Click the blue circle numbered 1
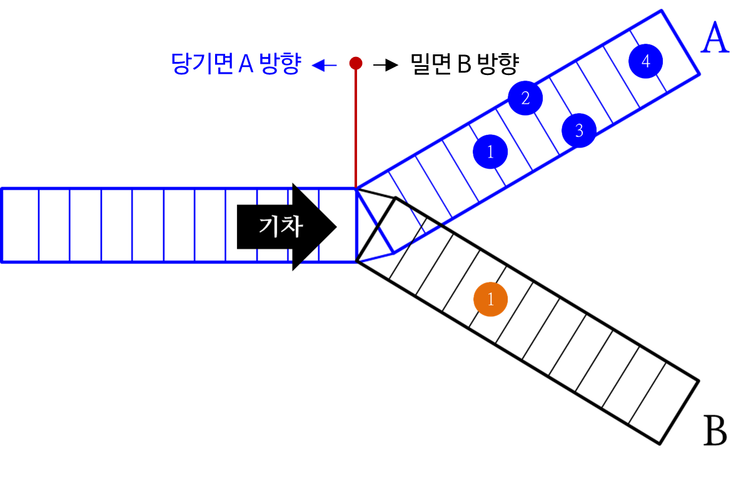point(490,152)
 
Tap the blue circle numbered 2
point(525,98)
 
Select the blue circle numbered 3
point(579,131)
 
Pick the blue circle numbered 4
point(646,61)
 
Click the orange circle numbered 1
point(490,299)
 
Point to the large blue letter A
point(715,39)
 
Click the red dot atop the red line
point(356,63)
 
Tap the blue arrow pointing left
point(324,65)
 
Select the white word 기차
point(281,226)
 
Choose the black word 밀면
point(431,63)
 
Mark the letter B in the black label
point(464,64)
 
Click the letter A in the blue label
point(246,64)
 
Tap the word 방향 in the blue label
point(280,64)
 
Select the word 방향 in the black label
point(498,64)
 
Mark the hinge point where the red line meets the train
point(356,187)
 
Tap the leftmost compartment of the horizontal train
point(21,225)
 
